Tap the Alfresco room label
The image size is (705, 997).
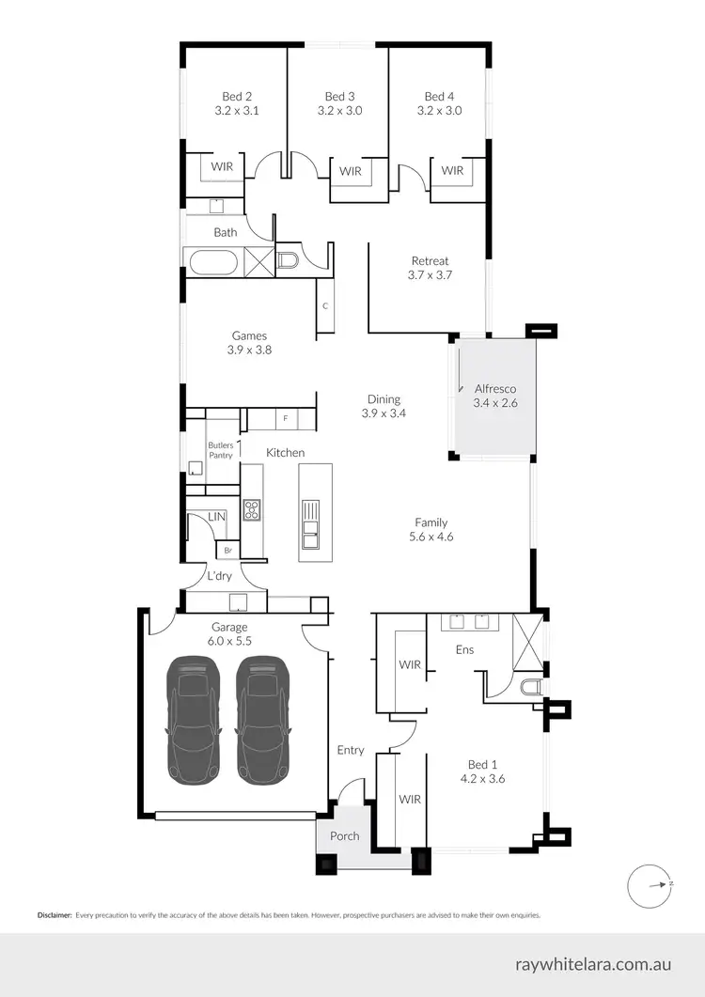(494, 388)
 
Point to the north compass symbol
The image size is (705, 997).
(651, 884)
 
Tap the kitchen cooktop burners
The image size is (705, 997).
(252, 510)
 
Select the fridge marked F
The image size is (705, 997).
(285, 417)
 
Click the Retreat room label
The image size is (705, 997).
(430, 261)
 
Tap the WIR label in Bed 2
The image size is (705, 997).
(222, 166)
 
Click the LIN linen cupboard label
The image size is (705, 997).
(216, 517)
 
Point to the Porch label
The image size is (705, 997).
(343, 836)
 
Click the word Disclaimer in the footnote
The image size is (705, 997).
(55, 914)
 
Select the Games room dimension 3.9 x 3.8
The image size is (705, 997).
(249, 350)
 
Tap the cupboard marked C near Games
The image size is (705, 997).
(324, 306)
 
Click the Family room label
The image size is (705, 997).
(431, 522)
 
